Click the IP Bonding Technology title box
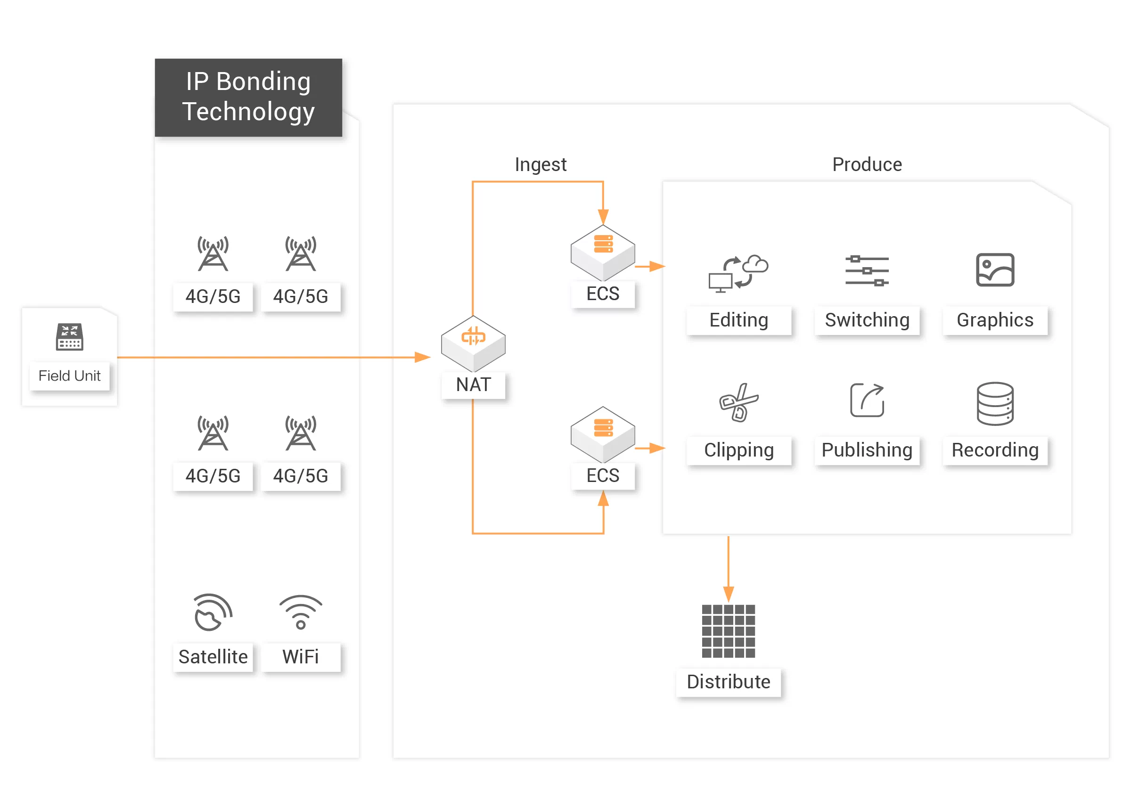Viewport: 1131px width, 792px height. coord(248,97)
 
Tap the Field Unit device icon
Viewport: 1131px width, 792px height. coord(69,337)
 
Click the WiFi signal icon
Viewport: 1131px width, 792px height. coord(301,612)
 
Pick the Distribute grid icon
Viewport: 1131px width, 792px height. coord(728,631)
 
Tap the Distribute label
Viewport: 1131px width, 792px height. coord(728,682)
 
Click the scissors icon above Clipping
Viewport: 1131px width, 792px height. coord(738,402)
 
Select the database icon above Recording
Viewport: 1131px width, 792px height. coord(994,403)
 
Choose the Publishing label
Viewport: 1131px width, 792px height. coord(867,450)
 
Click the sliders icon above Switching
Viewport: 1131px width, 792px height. coord(867,270)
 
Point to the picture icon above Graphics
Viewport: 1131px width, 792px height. coord(994,270)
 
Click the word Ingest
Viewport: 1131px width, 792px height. coord(541,164)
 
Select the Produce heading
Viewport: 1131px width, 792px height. coord(867,164)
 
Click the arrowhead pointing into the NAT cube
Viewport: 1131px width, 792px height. coord(422,357)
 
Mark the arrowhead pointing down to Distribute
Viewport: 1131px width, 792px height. coord(728,594)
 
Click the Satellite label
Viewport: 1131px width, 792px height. coord(213,657)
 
